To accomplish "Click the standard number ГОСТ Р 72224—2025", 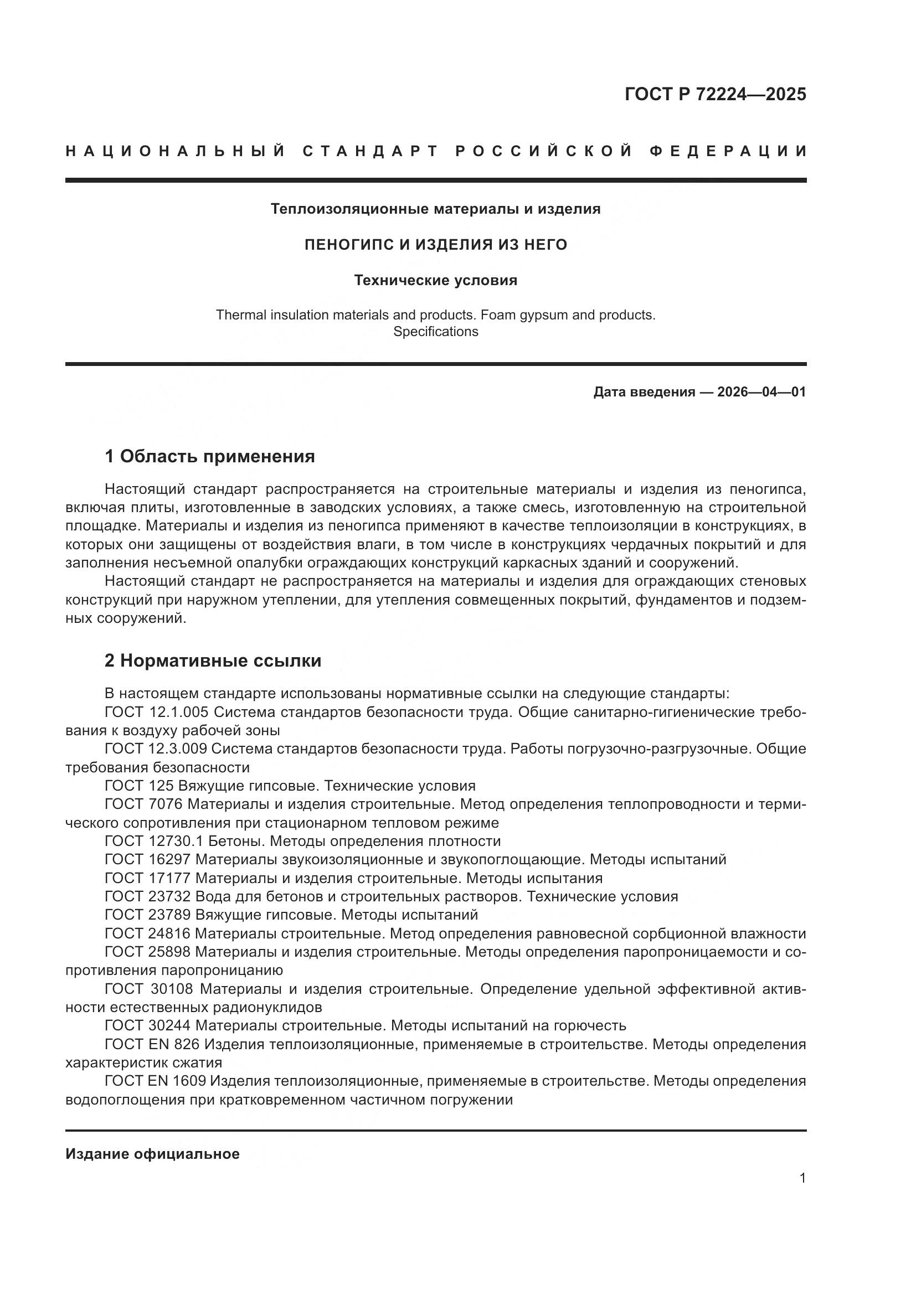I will point(714,94).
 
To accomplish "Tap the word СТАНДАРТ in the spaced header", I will point(370,151).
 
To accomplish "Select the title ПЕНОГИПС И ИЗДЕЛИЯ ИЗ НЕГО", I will point(435,245).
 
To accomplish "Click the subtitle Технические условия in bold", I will point(435,280).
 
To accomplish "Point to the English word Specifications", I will point(435,332).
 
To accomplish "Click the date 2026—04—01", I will point(761,392).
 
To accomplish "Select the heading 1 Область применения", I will point(209,456).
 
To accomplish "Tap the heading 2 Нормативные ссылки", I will point(213,661).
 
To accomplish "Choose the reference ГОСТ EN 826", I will point(152,1044).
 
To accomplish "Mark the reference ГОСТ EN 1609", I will point(156,1081).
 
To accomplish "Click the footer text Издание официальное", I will point(152,1154).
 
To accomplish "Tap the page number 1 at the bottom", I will point(802,1178).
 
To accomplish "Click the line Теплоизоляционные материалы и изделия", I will point(435,209).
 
